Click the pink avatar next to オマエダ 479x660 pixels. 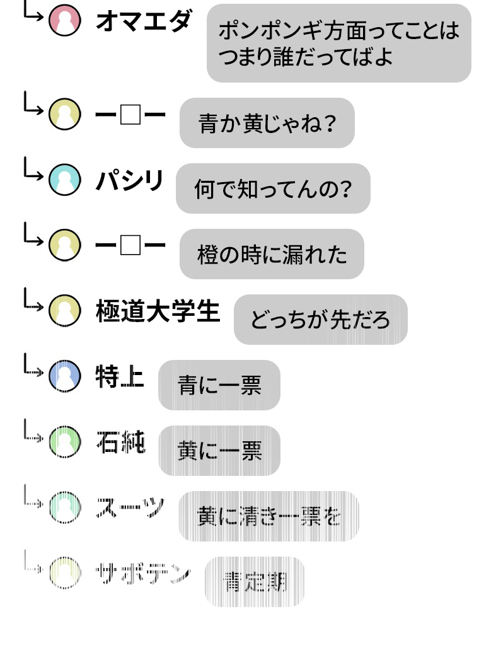[x=65, y=20]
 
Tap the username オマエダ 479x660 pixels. [x=142, y=21]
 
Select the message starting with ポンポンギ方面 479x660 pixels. [x=338, y=43]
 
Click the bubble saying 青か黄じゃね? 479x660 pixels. [x=267, y=123]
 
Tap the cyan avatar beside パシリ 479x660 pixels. [x=65, y=180]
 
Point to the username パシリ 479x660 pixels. [x=129, y=181]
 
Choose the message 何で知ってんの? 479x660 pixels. [x=272, y=188]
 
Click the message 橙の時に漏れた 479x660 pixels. [x=272, y=254]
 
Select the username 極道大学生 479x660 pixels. [x=158, y=311]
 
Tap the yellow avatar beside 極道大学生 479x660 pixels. [x=65, y=311]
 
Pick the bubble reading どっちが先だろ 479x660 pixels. [x=320, y=320]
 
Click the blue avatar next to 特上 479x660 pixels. [x=65, y=376]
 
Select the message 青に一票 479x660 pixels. [x=219, y=385]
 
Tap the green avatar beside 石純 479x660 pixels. [x=65, y=442]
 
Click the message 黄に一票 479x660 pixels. [x=219, y=451]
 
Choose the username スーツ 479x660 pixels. [x=130, y=507]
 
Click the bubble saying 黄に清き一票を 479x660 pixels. [x=268, y=516]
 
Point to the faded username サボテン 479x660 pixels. [x=142, y=573]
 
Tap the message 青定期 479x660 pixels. [x=254, y=582]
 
